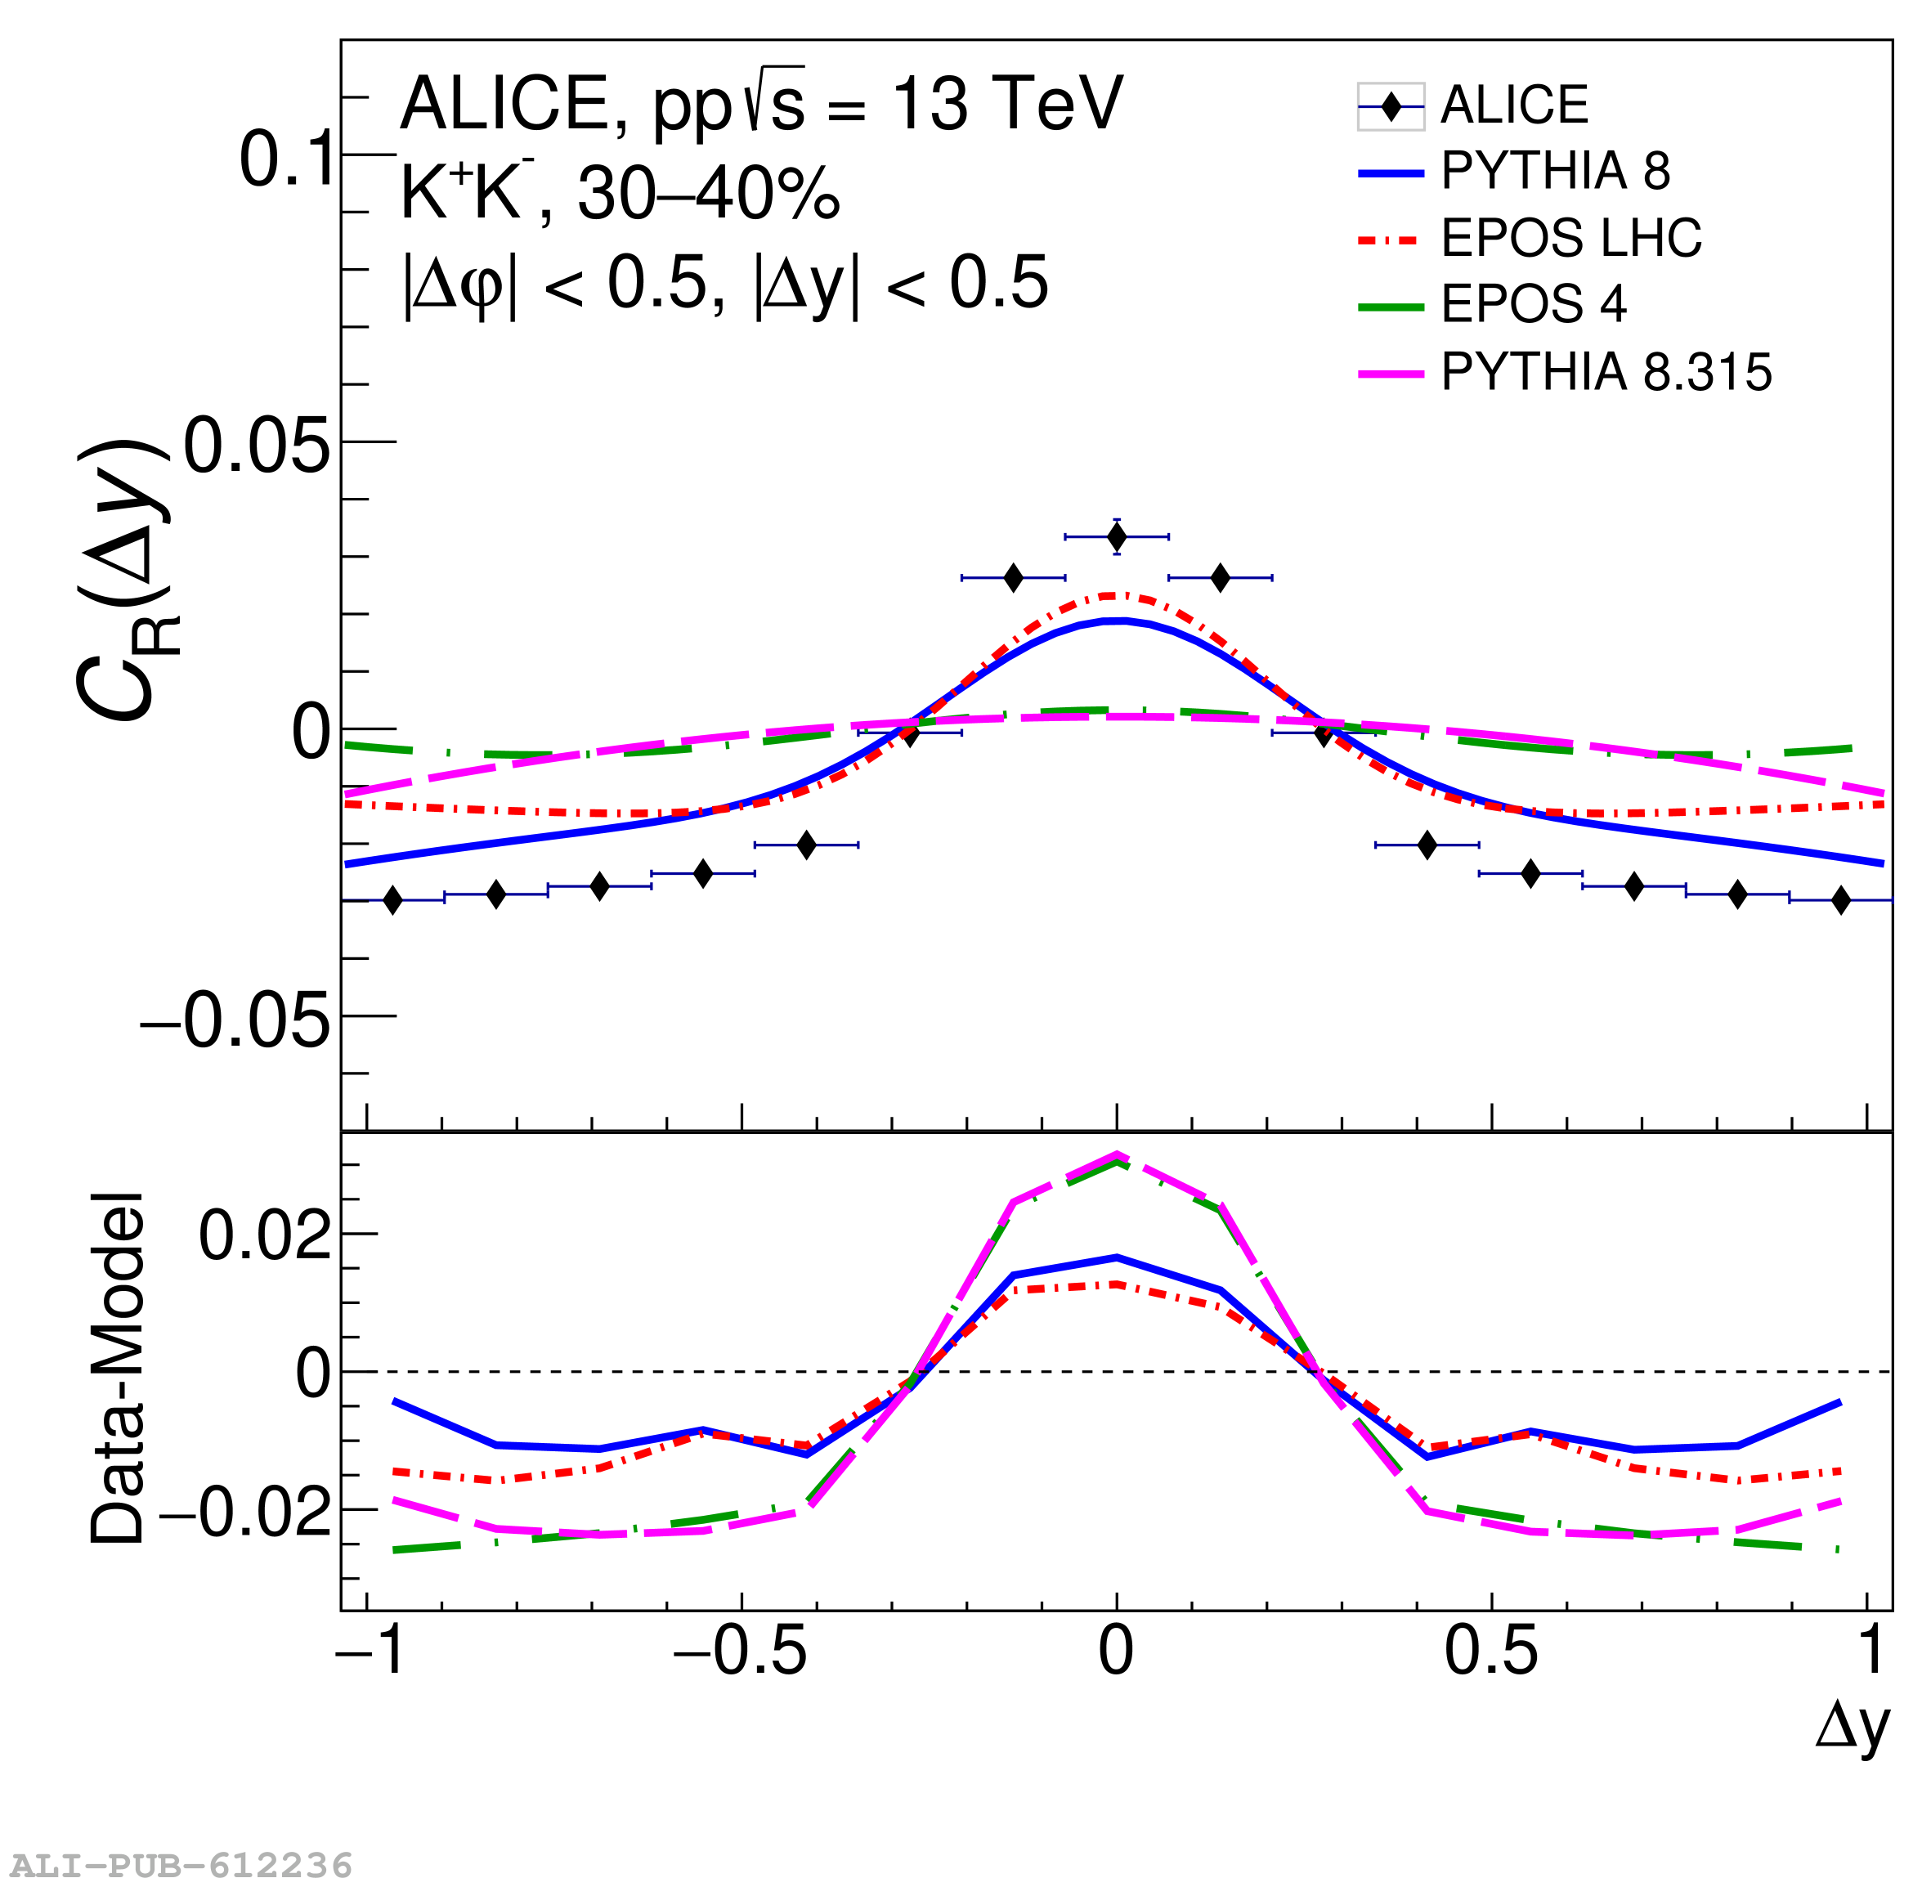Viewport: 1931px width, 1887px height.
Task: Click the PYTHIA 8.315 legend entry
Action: pos(1605,373)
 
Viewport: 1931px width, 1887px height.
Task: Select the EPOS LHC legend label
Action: pos(1570,238)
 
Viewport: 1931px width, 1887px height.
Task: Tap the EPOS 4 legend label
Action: pos(1533,304)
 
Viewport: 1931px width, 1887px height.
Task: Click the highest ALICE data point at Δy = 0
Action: pos(1117,537)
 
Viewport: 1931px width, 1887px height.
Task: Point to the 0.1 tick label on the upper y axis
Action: pos(287,159)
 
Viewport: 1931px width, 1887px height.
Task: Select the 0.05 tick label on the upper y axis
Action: pos(256,446)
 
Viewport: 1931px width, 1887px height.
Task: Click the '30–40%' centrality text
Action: pos(709,195)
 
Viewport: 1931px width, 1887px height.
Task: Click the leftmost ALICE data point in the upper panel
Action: pos(392,900)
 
